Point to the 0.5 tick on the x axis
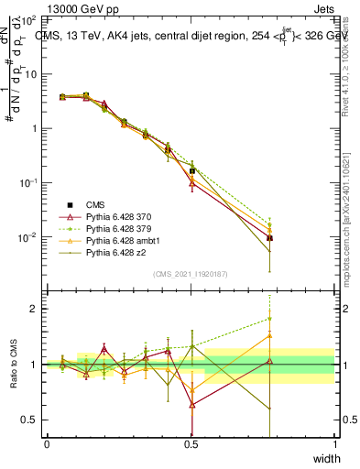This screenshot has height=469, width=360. click(x=191, y=444)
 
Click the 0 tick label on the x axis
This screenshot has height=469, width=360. click(x=47, y=444)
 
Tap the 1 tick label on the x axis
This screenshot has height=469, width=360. click(x=335, y=444)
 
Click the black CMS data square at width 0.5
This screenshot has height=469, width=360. click(x=191, y=170)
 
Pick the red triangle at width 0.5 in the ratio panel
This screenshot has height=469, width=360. click(x=191, y=404)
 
